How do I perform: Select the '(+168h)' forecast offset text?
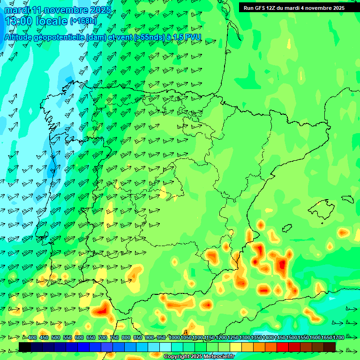click(x=83, y=21)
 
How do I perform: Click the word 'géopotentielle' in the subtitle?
click(x=60, y=37)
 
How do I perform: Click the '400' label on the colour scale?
click(x=32, y=338)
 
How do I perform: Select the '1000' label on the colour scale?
click(x=174, y=338)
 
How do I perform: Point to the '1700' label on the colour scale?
click(x=326, y=338)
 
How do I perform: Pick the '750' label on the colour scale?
click(x=114, y=338)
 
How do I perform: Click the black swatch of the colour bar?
click(x=25, y=347)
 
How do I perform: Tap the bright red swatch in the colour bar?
click(x=283, y=347)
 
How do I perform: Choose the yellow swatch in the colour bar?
click(x=236, y=347)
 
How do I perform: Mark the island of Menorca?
click(x=347, y=199)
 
